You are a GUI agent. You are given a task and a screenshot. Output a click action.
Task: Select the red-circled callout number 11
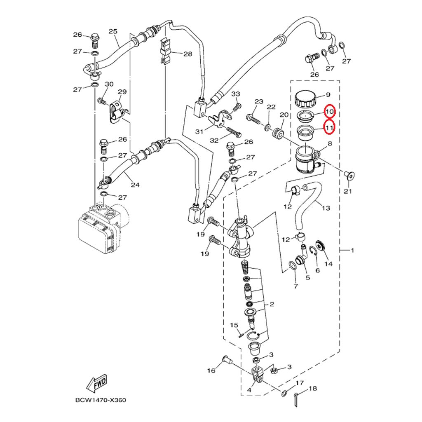(x=329, y=128)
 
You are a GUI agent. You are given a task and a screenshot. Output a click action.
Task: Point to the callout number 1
(x=352, y=250)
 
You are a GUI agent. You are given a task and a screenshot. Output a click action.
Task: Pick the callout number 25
(x=113, y=31)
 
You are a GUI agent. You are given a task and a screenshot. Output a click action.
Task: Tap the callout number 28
(x=188, y=54)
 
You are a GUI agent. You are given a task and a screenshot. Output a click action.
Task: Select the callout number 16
(x=211, y=371)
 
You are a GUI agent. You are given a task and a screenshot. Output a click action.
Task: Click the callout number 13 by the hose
(x=326, y=208)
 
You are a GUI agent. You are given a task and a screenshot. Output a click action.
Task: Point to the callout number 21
(x=348, y=191)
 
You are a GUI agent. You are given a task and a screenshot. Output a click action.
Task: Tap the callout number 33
(x=235, y=94)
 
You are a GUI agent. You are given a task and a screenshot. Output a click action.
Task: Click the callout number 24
(x=135, y=185)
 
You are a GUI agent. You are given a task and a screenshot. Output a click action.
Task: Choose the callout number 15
(x=234, y=326)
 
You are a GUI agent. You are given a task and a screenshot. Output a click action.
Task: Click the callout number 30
(x=109, y=84)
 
